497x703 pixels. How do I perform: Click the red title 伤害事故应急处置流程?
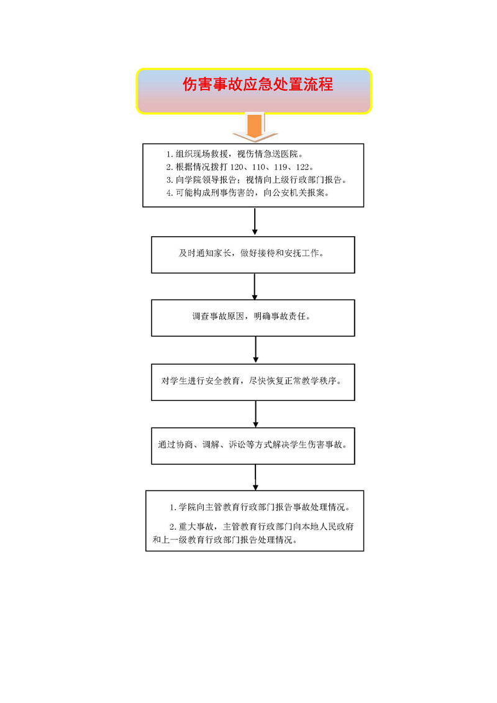pyautogui.click(x=258, y=85)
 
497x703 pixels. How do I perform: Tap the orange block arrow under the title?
pyautogui.click(x=255, y=127)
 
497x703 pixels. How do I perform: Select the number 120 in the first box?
pyautogui.click(x=237, y=167)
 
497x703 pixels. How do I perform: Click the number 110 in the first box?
pyautogui.click(x=258, y=167)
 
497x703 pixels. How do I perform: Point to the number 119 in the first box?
pyautogui.click(x=281, y=167)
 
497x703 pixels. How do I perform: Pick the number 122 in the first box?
pyautogui.click(x=303, y=167)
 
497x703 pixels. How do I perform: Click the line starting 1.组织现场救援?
pyautogui.click(x=235, y=154)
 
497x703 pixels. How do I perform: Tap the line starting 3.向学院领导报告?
pyautogui.click(x=257, y=180)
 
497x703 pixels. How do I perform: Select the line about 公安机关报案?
pyautogui.click(x=248, y=193)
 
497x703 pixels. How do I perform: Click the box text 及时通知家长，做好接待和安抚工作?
pyautogui.click(x=252, y=254)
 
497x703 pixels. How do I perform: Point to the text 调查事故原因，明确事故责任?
pyautogui.click(x=252, y=316)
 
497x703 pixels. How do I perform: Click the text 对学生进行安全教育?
pyautogui.click(x=200, y=381)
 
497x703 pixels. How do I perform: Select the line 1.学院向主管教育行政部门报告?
pyautogui.click(x=260, y=508)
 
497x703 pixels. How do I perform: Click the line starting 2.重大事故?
pyautogui.click(x=262, y=527)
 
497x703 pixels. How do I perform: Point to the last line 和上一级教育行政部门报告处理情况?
pyautogui.click(x=225, y=540)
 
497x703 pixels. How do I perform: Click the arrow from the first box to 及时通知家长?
pyautogui.click(x=255, y=221)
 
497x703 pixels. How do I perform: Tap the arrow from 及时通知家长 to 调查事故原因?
pyautogui.click(x=255, y=287)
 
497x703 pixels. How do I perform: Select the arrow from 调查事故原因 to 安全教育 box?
pyautogui.click(x=255, y=350)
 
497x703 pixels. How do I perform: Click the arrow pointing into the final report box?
pyautogui.click(x=255, y=477)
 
